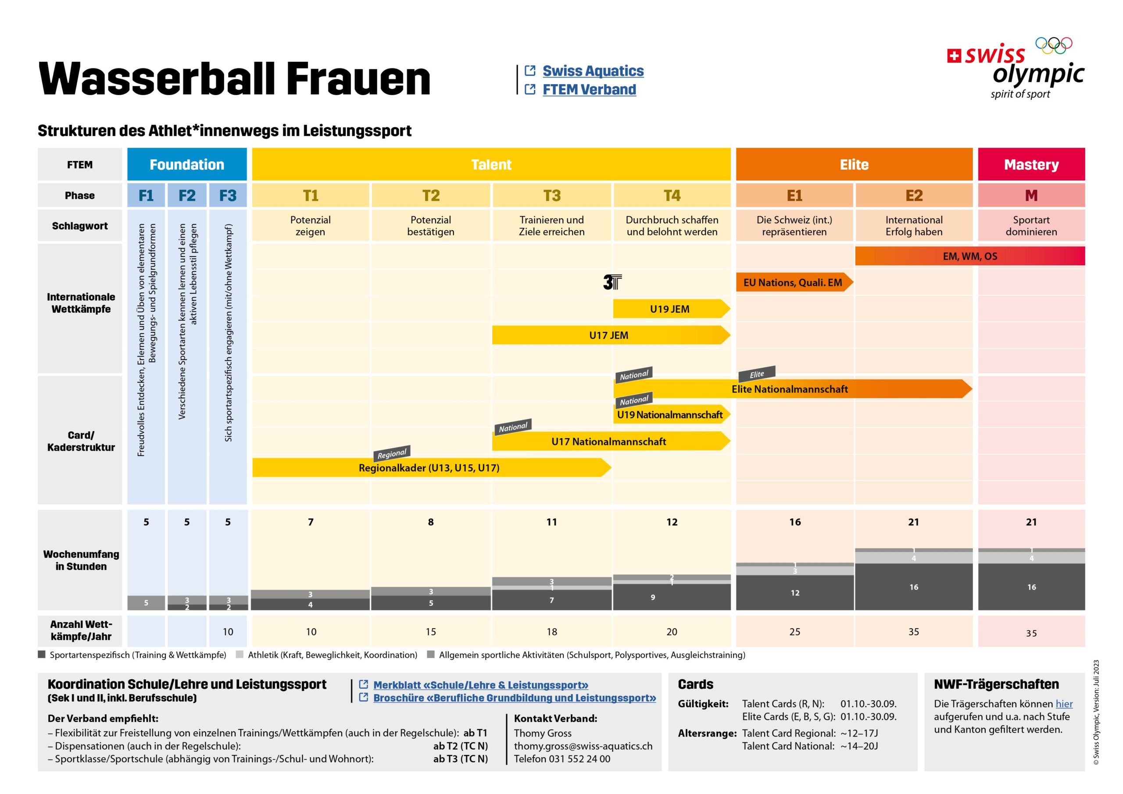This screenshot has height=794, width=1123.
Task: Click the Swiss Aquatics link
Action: tap(593, 71)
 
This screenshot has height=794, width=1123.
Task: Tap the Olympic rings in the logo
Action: tap(1054, 46)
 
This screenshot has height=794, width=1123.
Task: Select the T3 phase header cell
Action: tap(552, 196)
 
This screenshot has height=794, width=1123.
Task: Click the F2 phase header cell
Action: tap(187, 196)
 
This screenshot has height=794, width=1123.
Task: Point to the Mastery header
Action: tap(1031, 165)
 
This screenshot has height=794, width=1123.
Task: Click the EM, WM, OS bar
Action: tap(969, 256)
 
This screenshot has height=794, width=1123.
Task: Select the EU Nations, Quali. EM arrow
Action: tap(794, 283)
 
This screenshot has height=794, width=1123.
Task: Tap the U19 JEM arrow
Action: tap(670, 309)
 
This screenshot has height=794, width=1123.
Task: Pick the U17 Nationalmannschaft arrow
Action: tap(609, 442)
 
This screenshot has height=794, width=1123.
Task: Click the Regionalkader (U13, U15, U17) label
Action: tap(429, 468)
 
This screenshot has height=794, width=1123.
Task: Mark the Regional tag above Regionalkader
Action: tap(392, 453)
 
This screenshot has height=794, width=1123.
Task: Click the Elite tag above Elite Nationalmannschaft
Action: tap(757, 374)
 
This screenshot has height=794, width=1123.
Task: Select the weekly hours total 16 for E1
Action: tap(795, 522)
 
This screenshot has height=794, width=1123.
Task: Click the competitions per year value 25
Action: tap(795, 632)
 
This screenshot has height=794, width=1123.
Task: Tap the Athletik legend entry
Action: tap(332, 655)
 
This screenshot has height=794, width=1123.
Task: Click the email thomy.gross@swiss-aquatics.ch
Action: tap(583, 746)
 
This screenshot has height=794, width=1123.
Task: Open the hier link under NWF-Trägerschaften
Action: tap(1064, 704)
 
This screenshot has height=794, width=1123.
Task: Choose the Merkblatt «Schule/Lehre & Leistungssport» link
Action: tap(480, 685)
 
